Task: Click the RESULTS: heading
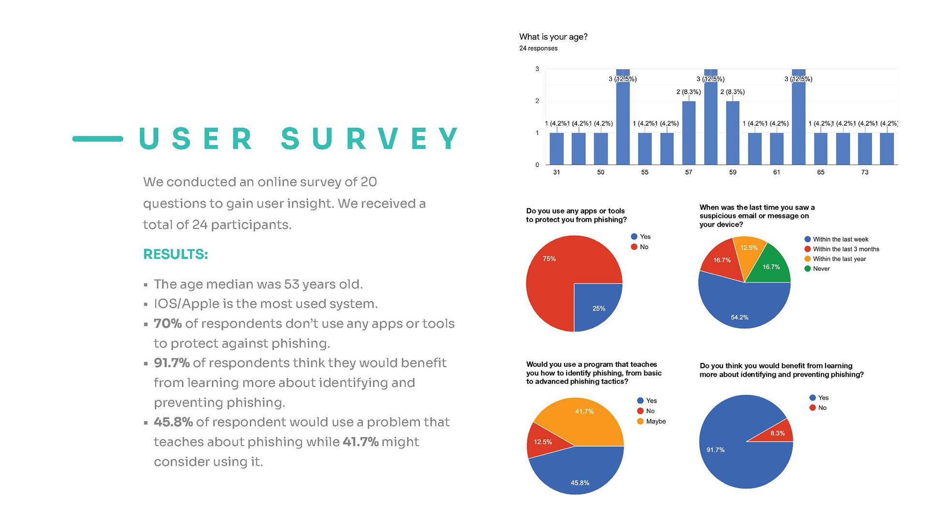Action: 175,254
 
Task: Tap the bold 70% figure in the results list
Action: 167,323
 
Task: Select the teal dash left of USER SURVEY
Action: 98,139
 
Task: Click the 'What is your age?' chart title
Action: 553,37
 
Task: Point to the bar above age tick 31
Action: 557,148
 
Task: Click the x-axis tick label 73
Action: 865,172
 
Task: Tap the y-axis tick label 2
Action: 537,101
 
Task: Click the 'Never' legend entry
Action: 821,269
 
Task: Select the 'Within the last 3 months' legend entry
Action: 845,249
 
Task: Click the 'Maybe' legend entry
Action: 655,421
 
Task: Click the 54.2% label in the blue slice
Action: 739,317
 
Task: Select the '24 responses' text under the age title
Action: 538,48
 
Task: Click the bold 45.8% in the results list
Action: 173,422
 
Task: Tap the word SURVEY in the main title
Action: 370,139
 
